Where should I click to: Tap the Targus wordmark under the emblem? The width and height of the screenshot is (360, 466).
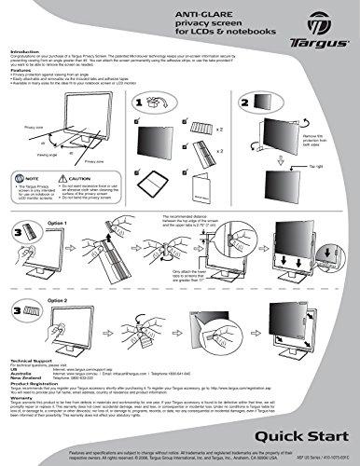(x=318, y=43)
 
